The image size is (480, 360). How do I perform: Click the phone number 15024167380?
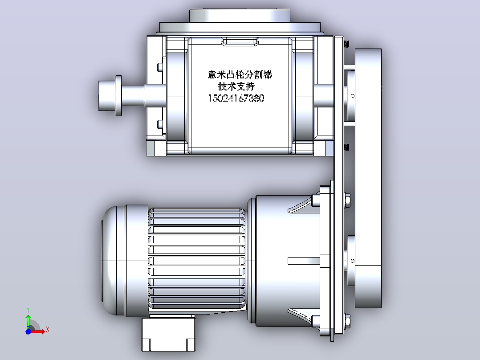(x=236, y=98)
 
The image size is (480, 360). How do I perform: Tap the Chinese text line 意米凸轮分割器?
(x=240, y=74)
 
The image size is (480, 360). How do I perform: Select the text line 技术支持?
(x=236, y=86)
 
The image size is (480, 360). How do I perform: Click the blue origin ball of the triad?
(x=28, y=331)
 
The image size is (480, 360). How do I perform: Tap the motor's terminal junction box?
(x=168, y=334)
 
